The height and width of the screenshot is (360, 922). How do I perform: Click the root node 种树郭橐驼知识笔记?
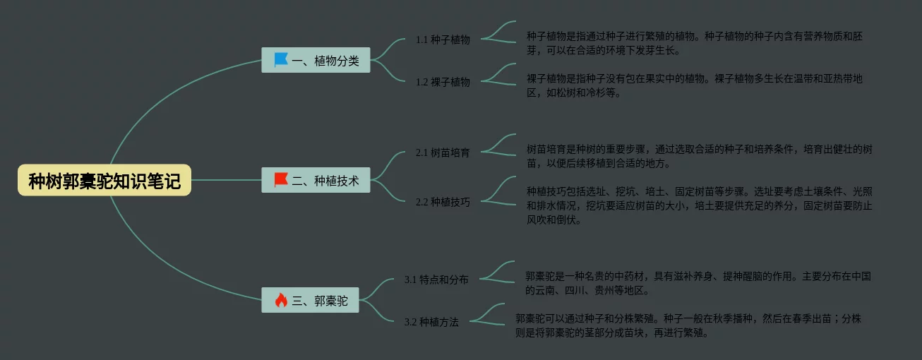pos(104,181)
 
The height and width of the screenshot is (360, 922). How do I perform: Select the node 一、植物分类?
pos(325,61)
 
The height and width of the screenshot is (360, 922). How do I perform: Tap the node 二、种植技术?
pos(325,181)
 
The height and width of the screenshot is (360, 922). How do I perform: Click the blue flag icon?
pos(281,60)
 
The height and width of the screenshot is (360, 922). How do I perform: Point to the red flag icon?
pos(281,180)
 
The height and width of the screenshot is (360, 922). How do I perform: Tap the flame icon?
pos(281,301)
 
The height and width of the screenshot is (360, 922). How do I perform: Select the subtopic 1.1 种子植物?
pos(443,40)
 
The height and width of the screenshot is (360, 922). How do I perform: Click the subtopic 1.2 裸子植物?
pos(443,82)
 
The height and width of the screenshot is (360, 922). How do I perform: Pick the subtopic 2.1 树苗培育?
pos(443,152)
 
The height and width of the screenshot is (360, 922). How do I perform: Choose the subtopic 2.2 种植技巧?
pos(443,202)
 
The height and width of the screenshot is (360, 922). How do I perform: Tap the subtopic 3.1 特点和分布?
pos(436,280)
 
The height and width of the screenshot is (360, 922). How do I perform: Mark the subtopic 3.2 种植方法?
pos(431,322)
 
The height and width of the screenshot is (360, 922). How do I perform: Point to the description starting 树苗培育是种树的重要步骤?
pos(699,156)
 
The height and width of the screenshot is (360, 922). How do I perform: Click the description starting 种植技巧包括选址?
pos(699,205)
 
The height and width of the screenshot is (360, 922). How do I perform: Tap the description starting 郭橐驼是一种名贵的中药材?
pos(698,283)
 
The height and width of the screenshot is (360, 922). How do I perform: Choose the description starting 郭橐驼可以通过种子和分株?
pos(688,325)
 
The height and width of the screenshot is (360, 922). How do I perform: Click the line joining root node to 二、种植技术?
pos(226,180)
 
